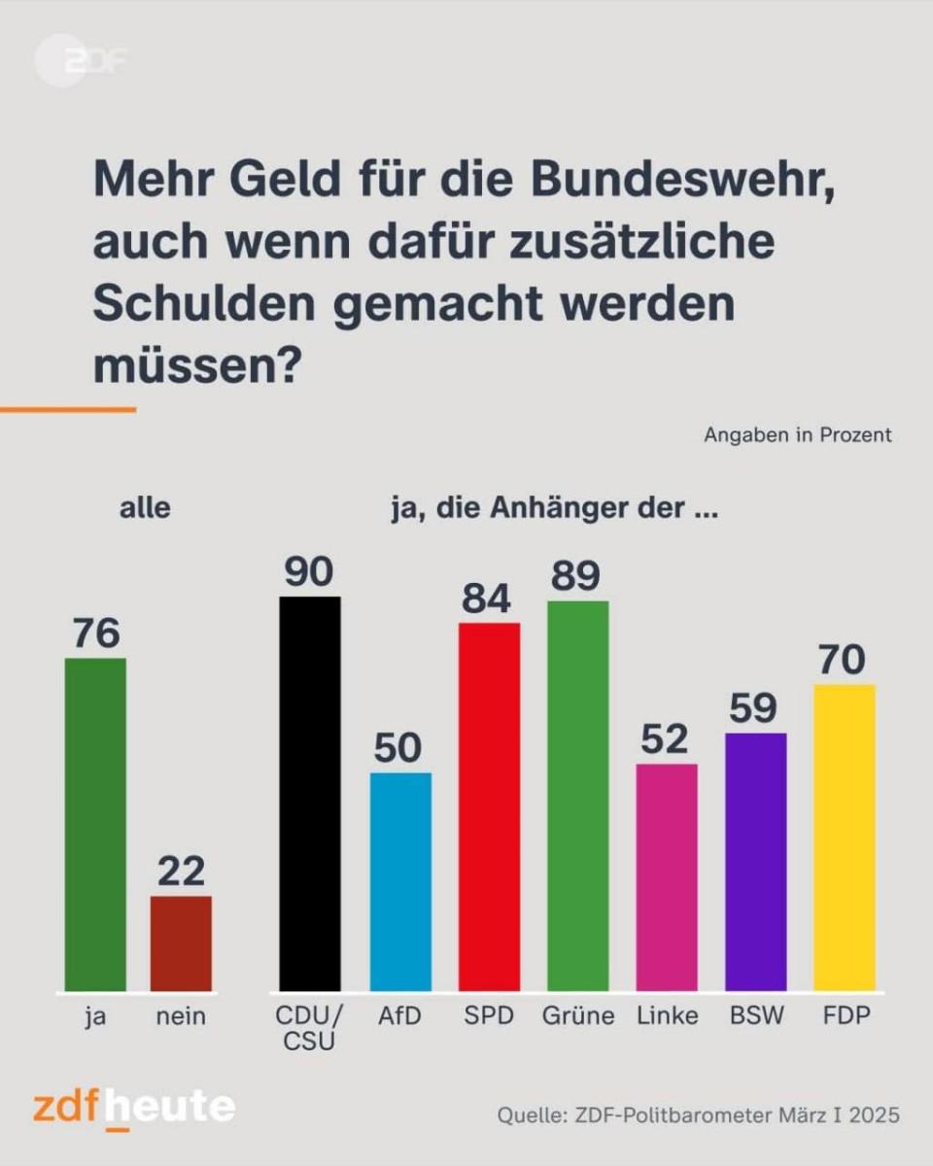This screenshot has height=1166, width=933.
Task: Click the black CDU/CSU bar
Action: (x=310, y=793)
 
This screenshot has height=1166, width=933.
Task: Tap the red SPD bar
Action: (x=489, y=806)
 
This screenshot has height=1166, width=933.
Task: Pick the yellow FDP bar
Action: (x=845, y=837)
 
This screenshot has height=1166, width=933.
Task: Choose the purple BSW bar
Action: (x=756, y=861)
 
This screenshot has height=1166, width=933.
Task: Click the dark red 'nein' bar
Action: (x=181, y=943)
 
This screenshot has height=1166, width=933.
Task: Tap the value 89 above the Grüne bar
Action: (x=576, y=575)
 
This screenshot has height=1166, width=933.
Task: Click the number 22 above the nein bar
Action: (x=181, y=872)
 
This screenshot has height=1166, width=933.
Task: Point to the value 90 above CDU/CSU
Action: (x=310, y=571)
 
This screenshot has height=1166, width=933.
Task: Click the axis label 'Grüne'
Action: (x=578, y=1016)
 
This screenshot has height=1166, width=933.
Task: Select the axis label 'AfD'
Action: (x=400, y=1016)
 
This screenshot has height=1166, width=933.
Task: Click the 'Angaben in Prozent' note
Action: (x=797, y=435)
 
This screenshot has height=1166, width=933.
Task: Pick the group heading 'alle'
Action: (x=145, y=507)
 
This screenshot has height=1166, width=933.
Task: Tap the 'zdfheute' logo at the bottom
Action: (x=133, y=1108)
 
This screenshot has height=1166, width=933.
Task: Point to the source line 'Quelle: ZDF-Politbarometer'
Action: (x=699, y=1115)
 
